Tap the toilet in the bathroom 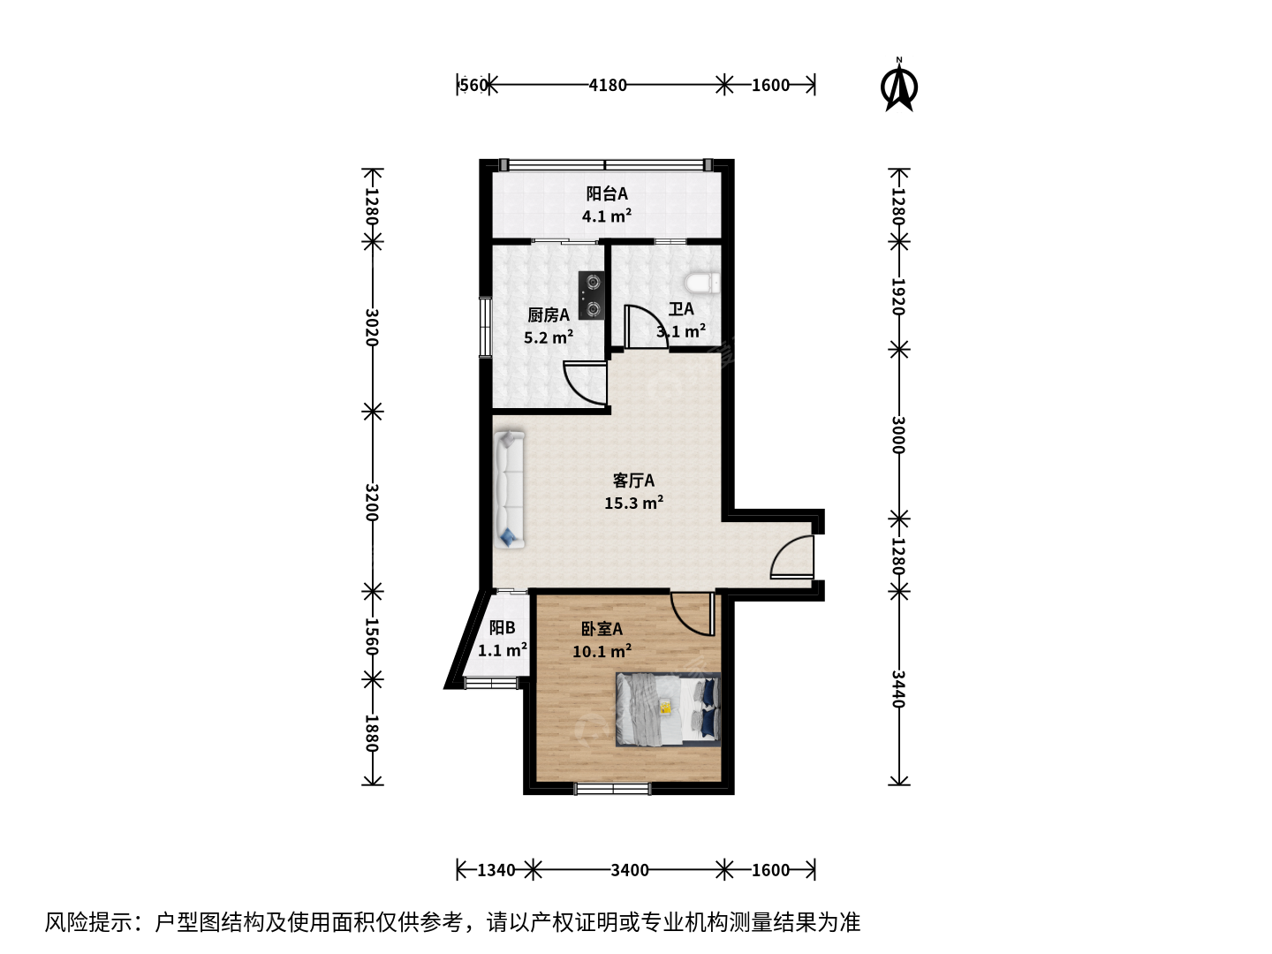[x=701, y=284]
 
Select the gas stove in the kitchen [x=591, y=296]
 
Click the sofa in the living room [x=510, y=489]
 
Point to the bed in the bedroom [x=668, y=709]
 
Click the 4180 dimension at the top [x=608, y=85]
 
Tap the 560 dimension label [x=473, y=85]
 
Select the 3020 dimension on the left [x=372, y=327]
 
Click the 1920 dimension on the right [x=898, y=297]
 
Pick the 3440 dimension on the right [x=898, y=689]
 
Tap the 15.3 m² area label [x=633, y=503]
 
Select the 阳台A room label [x=607, y=193]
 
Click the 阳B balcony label [x=502, y=628]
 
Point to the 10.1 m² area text [x=602, y=652]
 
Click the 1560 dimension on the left [x=372, y=637]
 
